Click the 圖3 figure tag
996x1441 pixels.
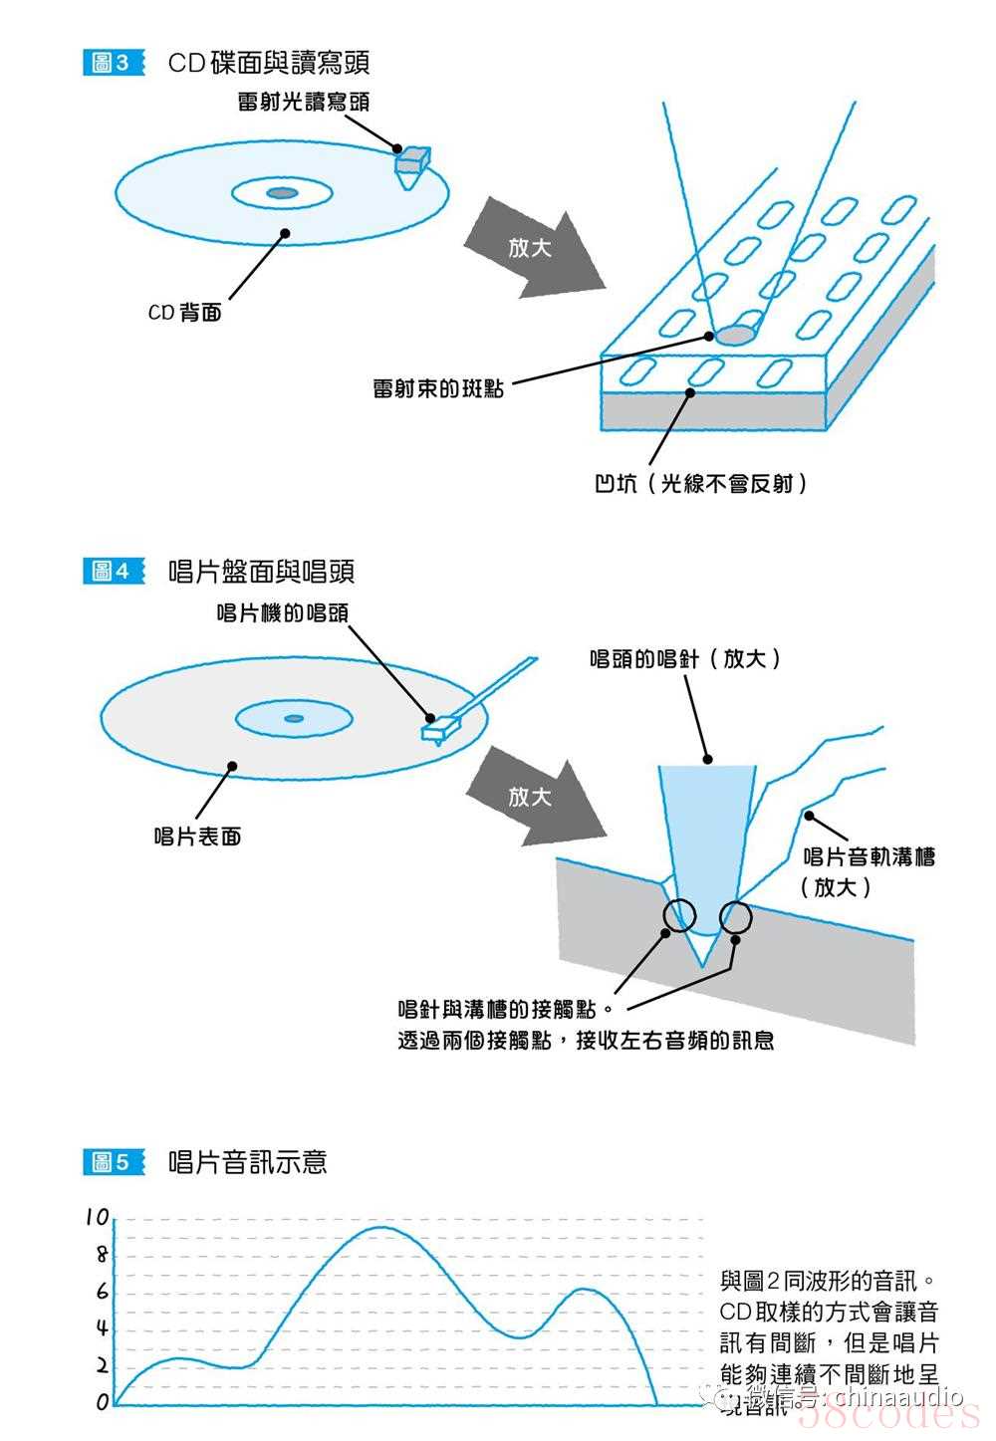(111, 63)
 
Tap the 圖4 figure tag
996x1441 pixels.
(111, 571)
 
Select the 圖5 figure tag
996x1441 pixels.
(111, 1161)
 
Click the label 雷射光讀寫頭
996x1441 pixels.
(304, 102)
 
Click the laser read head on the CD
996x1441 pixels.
(411, 163)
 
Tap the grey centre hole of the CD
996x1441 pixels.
(282, 192)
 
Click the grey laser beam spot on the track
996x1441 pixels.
(735, 335)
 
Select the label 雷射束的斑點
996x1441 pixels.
(438, 387)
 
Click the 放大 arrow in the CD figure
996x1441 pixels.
(532, 247)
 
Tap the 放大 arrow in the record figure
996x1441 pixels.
(532, 797)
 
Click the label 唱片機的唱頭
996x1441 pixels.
(283, 611)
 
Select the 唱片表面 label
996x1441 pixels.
(197, 837)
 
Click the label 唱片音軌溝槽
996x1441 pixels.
(869, 856)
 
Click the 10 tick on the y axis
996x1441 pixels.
(97, 1217)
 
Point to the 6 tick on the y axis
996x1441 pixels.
(101, 1292)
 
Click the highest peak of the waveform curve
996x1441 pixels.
(382, 1227)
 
